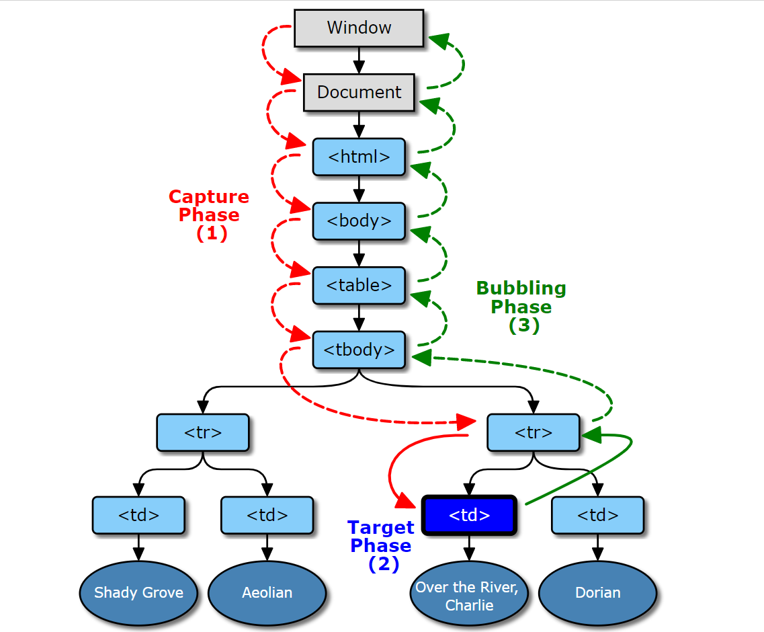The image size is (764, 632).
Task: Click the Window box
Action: pos(359,28)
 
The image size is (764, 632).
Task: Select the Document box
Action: pos(359,92)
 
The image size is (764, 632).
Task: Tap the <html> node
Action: pos(359,157)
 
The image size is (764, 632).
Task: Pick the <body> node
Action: pos(359,221)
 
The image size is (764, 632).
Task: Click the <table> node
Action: pos(359,285)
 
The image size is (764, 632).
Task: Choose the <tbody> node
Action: pos(359,350)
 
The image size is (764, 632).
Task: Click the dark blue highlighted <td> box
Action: pos(469,516)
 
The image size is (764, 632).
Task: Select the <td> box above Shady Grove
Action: pos(138,516)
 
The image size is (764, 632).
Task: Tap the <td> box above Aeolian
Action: pos(267,516)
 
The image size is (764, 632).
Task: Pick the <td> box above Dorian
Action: pos(597,516)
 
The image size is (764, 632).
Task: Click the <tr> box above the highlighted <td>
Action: pos(533,432)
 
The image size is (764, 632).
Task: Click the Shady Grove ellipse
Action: pos(138,592)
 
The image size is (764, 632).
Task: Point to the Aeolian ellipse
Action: pos(267,592)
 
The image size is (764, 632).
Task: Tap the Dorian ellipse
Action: pos(597,592)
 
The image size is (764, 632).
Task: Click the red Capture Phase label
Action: pos(209,215)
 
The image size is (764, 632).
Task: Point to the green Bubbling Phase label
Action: pos(521,307)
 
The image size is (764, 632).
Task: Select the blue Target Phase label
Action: pos(380,545)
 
